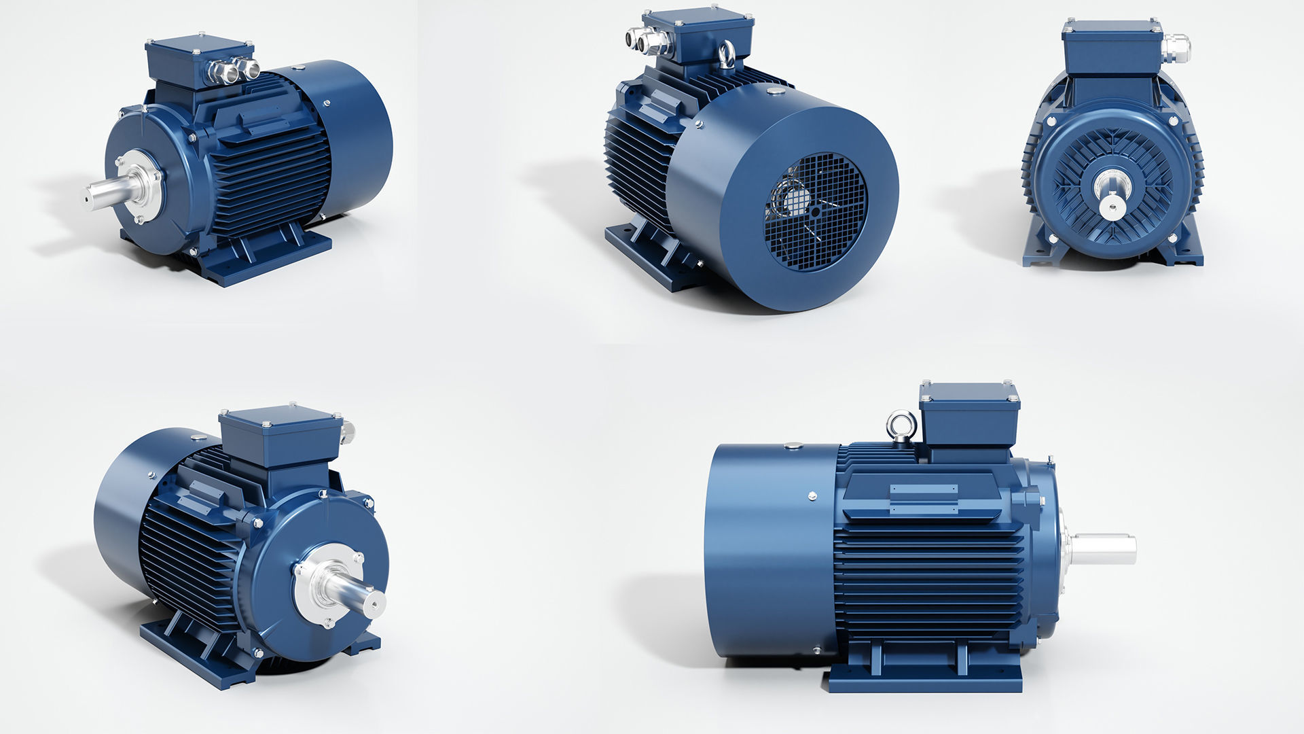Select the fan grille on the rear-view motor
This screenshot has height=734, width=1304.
pyautogui.click(x=816, y=203)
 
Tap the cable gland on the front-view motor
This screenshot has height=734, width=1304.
pyautogui.click(x=1176, y=48)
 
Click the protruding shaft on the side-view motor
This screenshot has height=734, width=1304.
pyautogui.click(x=1104, y=549)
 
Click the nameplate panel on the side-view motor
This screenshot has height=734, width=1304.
pyautogui.click(x=924, y=497)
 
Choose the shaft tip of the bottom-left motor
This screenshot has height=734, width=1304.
pyautogui.click(x=374, y=602)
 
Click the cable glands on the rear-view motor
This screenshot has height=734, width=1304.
pyautogui.click(x=641, y=41)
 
